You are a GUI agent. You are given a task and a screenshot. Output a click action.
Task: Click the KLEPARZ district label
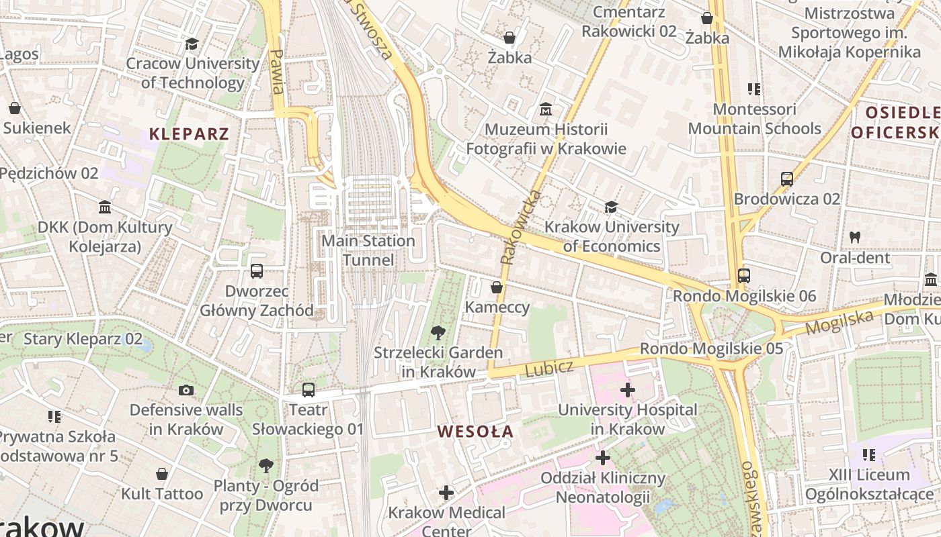(189, 134)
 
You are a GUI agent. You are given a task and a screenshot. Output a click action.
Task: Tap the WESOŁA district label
(475, 432)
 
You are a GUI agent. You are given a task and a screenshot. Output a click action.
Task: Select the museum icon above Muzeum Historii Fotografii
(546, 109)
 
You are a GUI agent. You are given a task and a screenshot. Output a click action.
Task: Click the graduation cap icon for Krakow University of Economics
(611, 207)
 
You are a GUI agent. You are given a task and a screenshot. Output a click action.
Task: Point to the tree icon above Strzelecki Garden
(438, 332)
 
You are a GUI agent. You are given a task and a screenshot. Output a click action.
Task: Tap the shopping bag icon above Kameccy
(497, 287)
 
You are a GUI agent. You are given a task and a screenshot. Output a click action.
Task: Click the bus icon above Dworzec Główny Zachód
(256, 271)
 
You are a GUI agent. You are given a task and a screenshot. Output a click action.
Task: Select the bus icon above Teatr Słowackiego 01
(308, 389)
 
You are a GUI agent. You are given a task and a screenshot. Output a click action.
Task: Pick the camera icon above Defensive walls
(186, 390)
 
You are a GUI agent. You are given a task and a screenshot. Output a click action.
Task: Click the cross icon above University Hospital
(627, 389)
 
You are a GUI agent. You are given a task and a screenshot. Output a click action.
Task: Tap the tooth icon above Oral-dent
(854, 237)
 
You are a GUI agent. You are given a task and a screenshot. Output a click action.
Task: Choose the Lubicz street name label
(549, 368)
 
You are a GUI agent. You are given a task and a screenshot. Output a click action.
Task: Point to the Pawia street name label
(276, 71)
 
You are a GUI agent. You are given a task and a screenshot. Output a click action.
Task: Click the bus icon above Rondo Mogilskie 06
(743, 275)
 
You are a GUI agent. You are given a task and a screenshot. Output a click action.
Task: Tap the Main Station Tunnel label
(368, 250)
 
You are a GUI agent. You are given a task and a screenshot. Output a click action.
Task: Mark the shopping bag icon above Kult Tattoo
(161, 474)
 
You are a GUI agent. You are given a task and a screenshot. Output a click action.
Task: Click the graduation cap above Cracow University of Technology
(192, 44)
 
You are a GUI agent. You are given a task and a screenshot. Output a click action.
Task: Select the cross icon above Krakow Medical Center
(446, 493)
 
